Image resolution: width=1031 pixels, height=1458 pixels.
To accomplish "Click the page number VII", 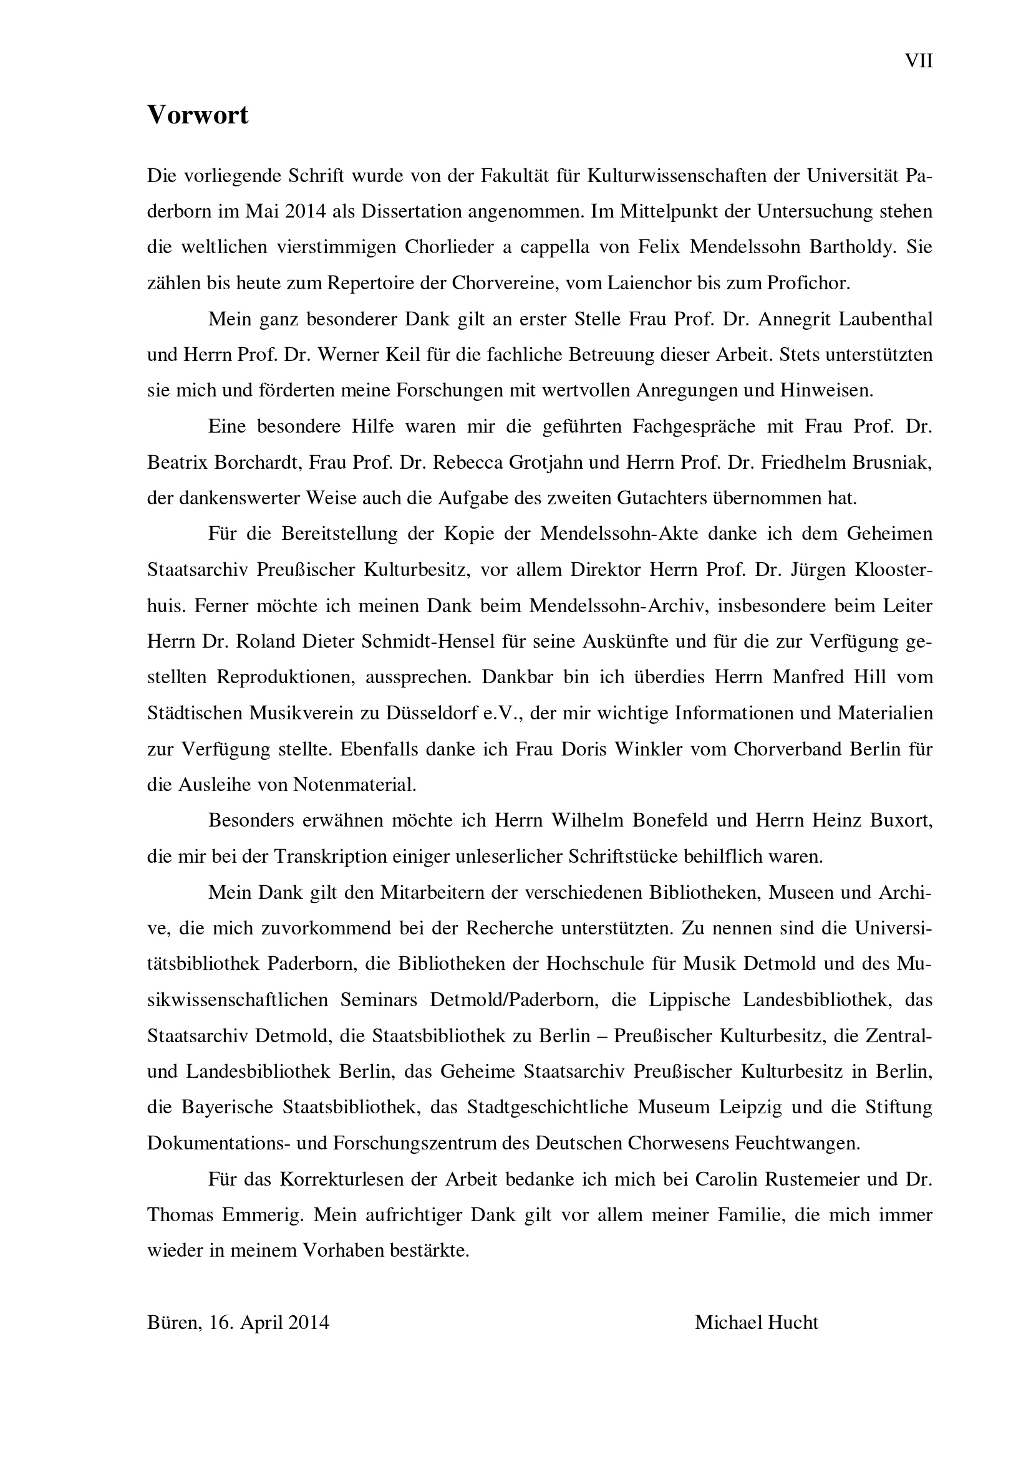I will (919, 62).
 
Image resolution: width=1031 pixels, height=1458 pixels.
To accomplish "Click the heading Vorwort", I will (198, 115).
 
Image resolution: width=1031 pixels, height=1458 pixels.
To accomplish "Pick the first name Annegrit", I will (793, 319).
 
